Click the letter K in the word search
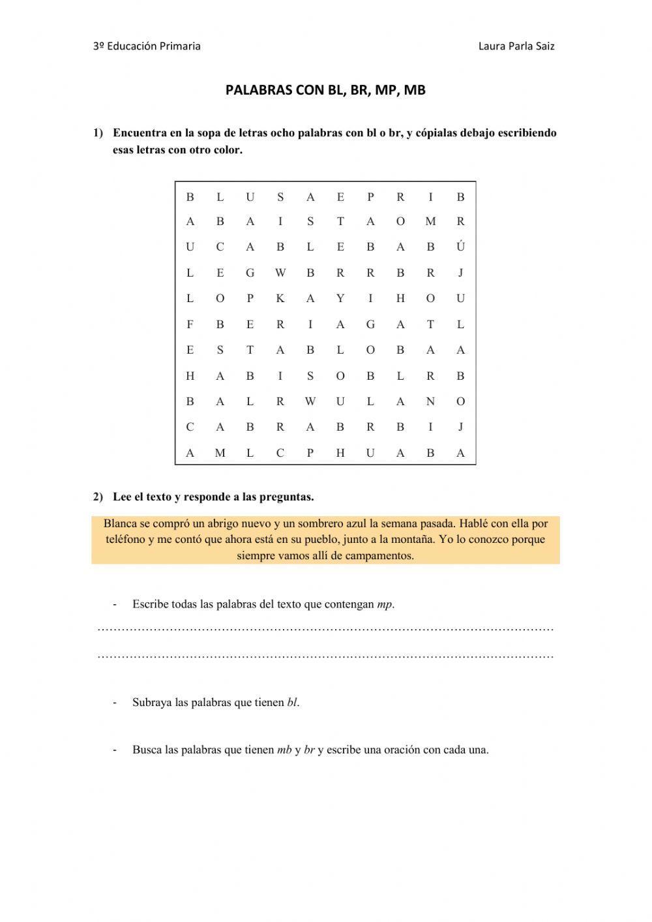pyautogui.click(x=280, y=299)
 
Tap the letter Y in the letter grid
pyautogui.click(x=340, y=299)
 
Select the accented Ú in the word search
pyautogui.click(x=460, y=247)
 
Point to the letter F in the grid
pyautogui.click(x=190, y=324)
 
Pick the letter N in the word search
pyautogui.click(x=430, y=402)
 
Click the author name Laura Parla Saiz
pyautogui.click(x=516, y=46)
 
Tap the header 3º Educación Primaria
pyautogui.click(x=147, y=46)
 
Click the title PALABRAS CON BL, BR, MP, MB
pyautogui.click(x=325, y=90)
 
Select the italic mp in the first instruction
pyautogui.click(x=385, y=604)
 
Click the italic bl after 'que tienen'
pyautogui.click(x=292, y=703)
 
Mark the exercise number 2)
pyautogui.click(x=98, y=497)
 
